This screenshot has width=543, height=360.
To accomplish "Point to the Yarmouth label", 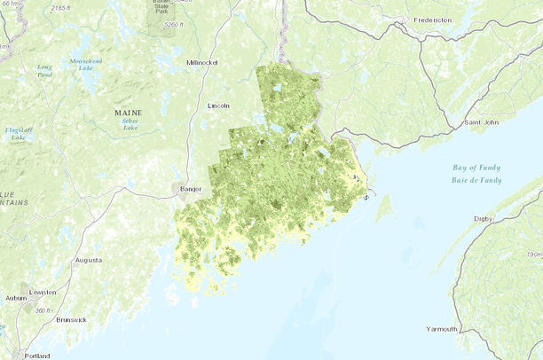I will [441, 329].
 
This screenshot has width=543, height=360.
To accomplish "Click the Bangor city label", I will [192, 189].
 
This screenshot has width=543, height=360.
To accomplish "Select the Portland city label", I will [37, 356].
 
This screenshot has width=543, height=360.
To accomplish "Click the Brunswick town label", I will [71, 318].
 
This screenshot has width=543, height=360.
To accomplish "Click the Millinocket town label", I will [206, 63].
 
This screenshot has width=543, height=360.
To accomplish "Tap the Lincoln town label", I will [218, 106].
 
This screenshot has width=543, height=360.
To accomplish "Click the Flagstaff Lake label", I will [17, 134].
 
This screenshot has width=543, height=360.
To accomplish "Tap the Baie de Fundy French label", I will [476, 180].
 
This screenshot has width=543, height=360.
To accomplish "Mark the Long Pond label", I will [44, 70].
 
